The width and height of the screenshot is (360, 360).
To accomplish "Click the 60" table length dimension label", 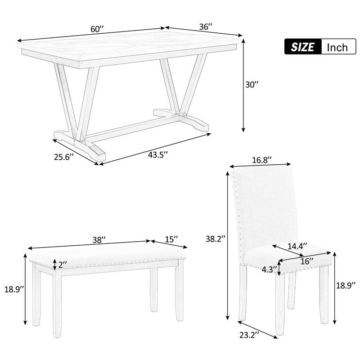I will click(97, 29).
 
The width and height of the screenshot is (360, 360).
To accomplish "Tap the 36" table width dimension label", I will click(206, 27).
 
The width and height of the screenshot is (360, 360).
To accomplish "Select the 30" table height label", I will click(253, 85).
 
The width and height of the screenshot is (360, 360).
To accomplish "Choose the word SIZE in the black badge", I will click(303, 47).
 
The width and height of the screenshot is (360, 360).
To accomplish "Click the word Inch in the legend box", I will click(337, 47).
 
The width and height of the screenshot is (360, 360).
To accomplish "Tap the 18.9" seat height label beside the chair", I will click(346, 285).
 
